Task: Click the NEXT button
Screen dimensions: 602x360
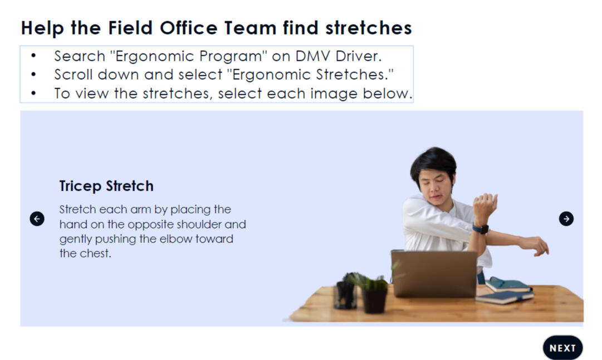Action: pyautogui.click(x=562, y=348)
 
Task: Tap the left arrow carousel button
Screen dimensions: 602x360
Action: pyautogui.click(x=37, y=218)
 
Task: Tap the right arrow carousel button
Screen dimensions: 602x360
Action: pyautogui.click(x=566, y=218)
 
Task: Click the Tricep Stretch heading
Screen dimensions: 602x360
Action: pyautogui.click(x=106, y=186)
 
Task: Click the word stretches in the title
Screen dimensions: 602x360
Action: pyautogui.click(x=369, y=28)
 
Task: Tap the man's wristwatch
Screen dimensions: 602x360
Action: pyautogui.click(x=481, y=229)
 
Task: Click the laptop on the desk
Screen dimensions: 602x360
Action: pyautogui.click(x=434, y=273)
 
